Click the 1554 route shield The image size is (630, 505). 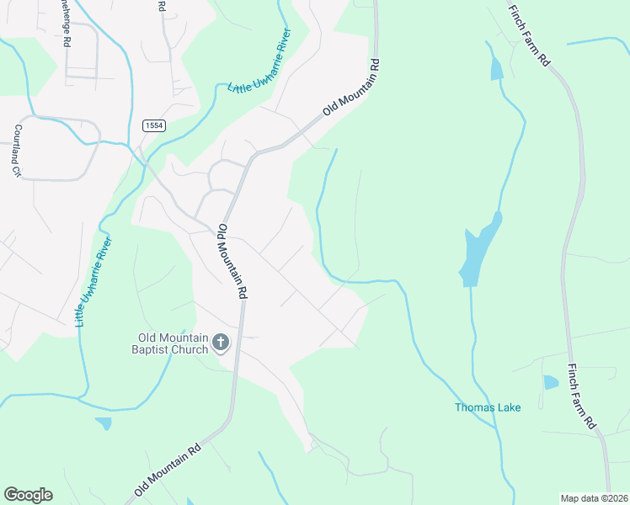point(153,125)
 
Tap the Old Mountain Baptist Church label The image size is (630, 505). point(173,344)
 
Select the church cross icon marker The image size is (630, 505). point(221,342)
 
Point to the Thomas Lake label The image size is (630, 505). point(488,408)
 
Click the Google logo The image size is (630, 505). point(28,495)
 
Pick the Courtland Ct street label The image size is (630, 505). point(16,151)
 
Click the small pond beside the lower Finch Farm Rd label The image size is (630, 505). point(551,382)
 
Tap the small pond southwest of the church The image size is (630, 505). point(103,423)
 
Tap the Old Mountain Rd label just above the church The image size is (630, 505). point(232,261)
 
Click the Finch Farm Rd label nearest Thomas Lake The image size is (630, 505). point(582,397)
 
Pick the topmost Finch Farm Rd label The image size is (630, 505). point(528,35)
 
